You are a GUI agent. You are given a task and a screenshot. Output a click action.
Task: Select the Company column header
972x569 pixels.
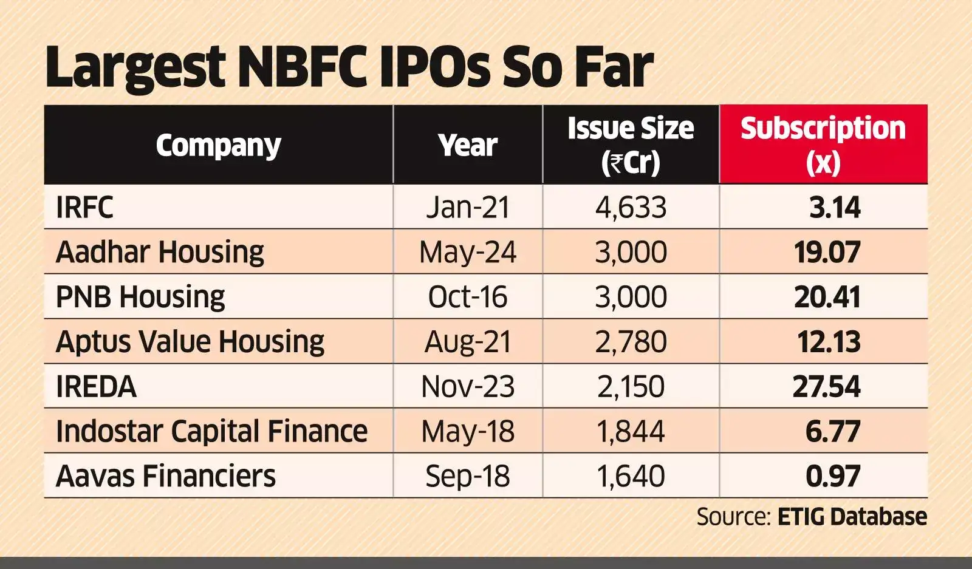218,145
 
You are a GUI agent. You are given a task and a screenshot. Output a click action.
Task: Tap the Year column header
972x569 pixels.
467,145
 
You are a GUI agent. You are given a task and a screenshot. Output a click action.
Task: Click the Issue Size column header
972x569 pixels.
631,145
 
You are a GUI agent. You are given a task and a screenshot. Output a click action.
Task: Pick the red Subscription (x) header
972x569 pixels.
823,145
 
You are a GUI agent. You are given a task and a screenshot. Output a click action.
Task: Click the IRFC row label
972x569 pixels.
84,208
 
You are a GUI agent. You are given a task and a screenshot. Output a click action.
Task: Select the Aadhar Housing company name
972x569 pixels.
160,252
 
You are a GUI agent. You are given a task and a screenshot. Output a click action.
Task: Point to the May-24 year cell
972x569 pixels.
467,252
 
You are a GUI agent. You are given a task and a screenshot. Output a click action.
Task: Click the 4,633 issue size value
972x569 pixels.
631,208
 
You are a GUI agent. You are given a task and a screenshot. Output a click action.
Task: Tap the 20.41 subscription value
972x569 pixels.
827,297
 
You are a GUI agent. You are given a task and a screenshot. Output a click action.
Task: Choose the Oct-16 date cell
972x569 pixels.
467,297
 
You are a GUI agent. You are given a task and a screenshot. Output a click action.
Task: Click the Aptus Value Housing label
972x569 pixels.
190,342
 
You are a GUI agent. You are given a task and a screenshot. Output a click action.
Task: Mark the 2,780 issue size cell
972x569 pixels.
631,342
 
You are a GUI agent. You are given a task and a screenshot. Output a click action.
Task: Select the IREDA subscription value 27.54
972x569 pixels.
827,387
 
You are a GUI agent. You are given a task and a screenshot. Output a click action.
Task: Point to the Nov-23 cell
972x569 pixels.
467,387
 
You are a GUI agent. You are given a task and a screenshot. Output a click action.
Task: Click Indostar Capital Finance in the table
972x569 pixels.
211,431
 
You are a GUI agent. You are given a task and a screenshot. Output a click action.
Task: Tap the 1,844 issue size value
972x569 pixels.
631,431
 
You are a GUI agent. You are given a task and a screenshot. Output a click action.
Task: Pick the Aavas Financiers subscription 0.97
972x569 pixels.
832,476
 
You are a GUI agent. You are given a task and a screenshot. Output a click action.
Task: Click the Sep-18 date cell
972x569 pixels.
467,476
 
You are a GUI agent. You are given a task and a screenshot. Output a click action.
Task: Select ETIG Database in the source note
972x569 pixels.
852,517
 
